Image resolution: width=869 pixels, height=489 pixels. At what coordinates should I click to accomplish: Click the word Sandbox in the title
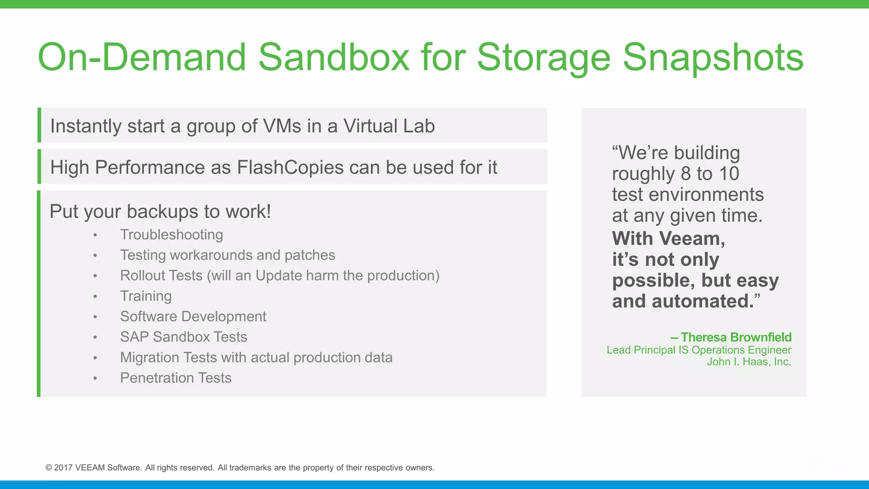[334, 57]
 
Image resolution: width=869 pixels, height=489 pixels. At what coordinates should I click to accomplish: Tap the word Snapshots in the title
[712, 57]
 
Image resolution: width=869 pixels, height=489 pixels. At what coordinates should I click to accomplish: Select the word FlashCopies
[290, 167]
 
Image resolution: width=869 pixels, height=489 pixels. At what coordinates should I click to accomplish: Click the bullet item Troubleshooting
[171, 235]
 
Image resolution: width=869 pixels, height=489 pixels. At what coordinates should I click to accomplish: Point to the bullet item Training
[146, 296]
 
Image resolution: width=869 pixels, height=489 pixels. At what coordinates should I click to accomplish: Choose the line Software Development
[193, 316]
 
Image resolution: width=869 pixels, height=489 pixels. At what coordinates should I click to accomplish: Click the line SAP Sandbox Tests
[183, 337]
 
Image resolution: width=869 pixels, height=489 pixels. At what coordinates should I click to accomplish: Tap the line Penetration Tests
[176, 378]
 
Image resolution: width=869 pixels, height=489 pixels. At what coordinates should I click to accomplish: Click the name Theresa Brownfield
[736, 337]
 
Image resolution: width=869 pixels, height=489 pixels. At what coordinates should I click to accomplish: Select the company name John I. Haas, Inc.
[749, 362]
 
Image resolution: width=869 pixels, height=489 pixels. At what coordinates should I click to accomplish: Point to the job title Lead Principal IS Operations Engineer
[699, 350]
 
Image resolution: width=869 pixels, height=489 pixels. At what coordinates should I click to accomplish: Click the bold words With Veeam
[668, 238]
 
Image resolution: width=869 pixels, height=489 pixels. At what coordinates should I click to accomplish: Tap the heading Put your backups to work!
[160, 211]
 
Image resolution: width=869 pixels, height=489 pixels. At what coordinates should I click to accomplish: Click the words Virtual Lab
[389, 126]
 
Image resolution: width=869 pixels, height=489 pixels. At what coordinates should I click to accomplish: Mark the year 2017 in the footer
[63, 468]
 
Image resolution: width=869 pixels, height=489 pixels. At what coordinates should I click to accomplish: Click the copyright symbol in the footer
[49, 468]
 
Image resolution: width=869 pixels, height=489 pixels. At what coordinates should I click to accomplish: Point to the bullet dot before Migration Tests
[95, 358]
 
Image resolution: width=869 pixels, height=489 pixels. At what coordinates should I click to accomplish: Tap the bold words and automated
[683, 301]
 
